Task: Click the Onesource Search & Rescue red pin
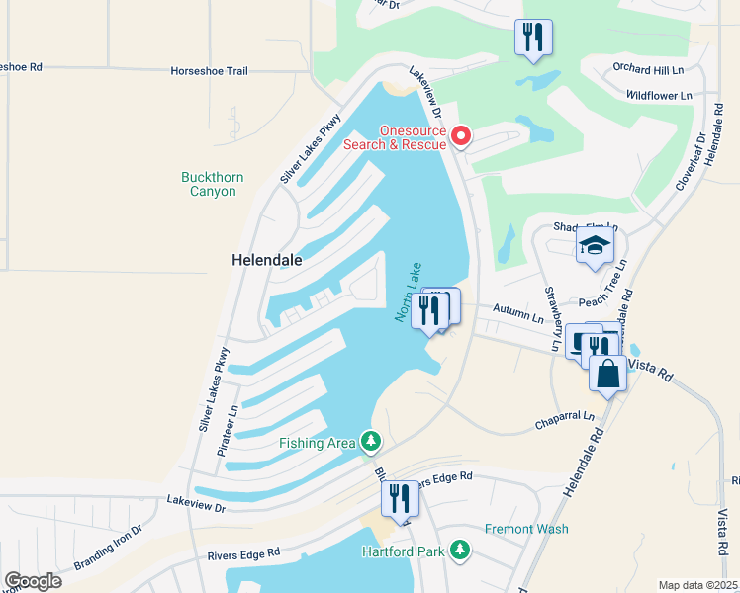(x=459, y=135)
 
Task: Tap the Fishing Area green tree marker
(x=370, y=440)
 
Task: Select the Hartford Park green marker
(x=459, y=549)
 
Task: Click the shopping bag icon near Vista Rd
(x=607, y=375)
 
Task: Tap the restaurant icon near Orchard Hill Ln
(x=533, y=38)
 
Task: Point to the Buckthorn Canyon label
(x=213, y=184)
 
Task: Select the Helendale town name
(x=266, y=260)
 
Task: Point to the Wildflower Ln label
(x=658, y=96)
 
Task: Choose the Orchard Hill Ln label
(x=647, y=70)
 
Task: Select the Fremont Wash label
(x=526, y=529)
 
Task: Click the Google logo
(x=33, y=581)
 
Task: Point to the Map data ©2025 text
(x=697, y=585)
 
